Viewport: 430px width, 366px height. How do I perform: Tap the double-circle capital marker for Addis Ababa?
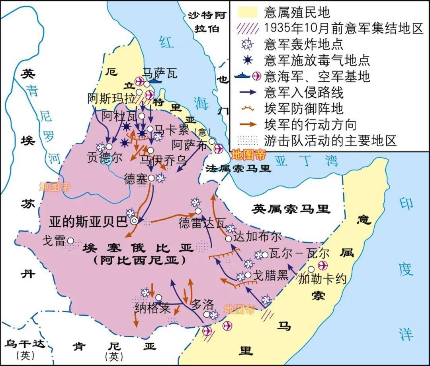(x=135, y=220)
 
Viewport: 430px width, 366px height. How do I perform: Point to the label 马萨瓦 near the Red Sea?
(x=160, y=73)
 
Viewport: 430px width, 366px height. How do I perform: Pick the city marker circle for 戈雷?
(x=70, y=240)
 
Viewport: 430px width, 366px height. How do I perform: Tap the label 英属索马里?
(x=291, y=209)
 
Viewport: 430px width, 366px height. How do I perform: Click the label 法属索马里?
(x=238, y=168)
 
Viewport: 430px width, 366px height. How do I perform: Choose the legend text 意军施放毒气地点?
(x=317, y=60)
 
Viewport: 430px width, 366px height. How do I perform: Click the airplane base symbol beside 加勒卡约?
(x=322, y=265)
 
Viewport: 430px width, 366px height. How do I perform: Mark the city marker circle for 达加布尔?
(x=229, y=238)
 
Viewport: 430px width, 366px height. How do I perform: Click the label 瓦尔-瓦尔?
(x=300, y=254)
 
